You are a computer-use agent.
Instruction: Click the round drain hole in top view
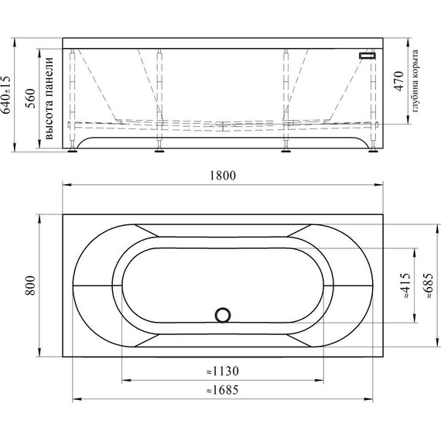[224, 314]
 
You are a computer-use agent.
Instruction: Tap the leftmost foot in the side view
[73, 148]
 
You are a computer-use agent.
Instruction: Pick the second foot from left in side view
[159, 148]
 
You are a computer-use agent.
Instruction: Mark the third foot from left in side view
[286, 148]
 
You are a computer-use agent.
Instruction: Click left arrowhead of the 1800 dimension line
[65, 185]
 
